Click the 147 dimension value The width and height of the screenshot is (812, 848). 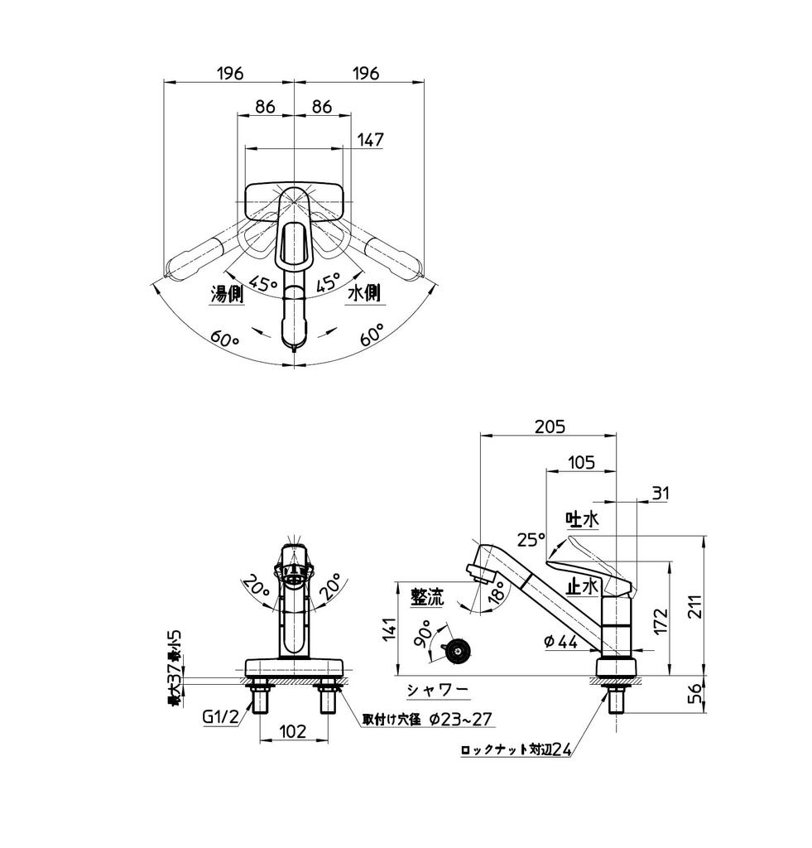click(x=371, y=140)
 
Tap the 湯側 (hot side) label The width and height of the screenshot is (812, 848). click(x=226, y=294)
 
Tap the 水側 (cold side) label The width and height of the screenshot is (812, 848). click(x=363, y=294)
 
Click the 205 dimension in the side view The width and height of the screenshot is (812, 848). click(x=550, y=426)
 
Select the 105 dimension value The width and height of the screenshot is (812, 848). click(x=581, y=463)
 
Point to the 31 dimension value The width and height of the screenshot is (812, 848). click(x=660, y=494)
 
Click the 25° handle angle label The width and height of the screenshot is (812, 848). click(x=531, y=539)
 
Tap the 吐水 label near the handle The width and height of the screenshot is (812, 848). click(x=582, y=519)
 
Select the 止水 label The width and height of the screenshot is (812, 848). click(x=582, y=585)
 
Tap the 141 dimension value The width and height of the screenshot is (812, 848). click(x=387, y=631)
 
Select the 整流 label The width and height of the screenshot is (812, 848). click(x=428, y=596)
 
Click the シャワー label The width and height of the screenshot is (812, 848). click(x=437, y=690)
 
